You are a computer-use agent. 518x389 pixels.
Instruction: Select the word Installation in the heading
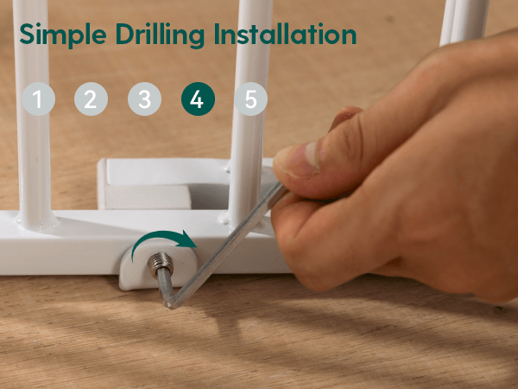[285, 34]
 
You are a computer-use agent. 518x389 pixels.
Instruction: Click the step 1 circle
[38, 99]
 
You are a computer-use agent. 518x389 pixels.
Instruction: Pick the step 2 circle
[91, 99]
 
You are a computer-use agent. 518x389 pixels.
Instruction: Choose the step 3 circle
[144, 99]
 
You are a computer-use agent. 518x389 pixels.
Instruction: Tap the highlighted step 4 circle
[198, 99]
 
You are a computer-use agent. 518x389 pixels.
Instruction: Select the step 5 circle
[250, 99]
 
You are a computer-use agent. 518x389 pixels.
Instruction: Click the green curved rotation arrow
[159, 236]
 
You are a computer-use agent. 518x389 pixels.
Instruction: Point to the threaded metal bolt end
[161, 264]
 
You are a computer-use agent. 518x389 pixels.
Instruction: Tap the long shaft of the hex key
[227, 245]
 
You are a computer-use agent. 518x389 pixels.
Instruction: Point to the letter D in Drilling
[124, 34]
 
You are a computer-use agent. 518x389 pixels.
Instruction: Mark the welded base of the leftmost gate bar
[37, 221]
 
